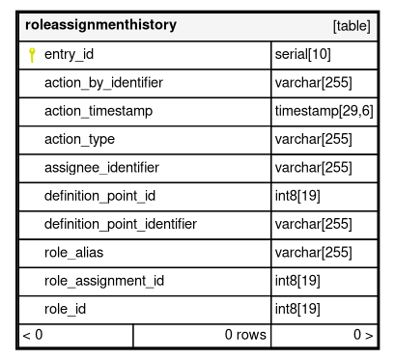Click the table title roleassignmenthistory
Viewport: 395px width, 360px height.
[x=100, y=25]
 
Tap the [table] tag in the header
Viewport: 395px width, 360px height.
[x=352, y=26]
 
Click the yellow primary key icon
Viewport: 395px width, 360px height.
[x=32, y=55]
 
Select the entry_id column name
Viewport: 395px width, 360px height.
[x=69, y=54]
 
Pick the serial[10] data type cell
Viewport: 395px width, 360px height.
[x=302, y=54]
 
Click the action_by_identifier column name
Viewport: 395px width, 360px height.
[x=103, y=83]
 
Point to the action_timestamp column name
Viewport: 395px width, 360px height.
[x=99, y=111]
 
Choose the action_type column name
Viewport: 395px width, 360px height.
[x=79, y=139]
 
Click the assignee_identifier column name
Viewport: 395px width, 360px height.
[x=101, y=168]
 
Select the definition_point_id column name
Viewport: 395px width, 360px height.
[x=99, y=196]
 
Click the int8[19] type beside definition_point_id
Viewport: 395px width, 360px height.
[x=297, y=196]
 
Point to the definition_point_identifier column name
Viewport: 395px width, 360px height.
[x=121, y=224]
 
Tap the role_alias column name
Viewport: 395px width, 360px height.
[x=73, y=252]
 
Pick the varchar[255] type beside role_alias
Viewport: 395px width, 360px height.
[x=313, y=252]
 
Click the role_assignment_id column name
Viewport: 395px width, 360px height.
[x=104, y=281]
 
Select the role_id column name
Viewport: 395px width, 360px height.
[x=65, y=309]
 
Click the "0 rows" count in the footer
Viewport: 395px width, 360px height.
[x=245, y=335]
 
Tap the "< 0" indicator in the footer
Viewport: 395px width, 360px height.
[x=33, y=335]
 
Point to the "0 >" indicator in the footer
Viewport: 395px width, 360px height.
[x=363, y=335]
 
